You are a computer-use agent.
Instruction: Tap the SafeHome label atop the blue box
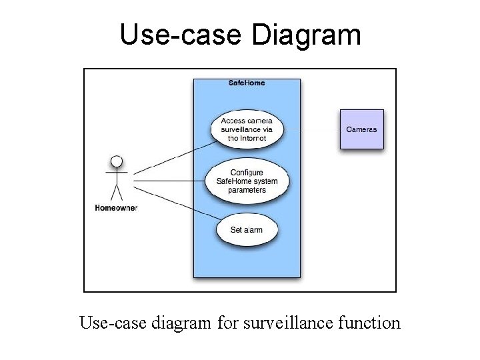(x=247, y=83)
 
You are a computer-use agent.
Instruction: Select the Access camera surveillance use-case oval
(x=247, y=129)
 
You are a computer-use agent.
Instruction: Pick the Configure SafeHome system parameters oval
(x=247, y=181)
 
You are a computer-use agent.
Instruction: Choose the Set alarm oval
(x=247, y=230)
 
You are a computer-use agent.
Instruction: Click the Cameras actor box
(x=362, y=129)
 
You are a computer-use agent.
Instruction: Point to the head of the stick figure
(x=117, y=161)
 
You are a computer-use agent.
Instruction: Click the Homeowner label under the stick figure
(x=116, y=208)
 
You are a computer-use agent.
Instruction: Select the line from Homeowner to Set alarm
(x=177, y=203)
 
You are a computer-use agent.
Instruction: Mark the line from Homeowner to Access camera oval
(x=173, y=161)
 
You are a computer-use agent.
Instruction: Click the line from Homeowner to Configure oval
(x=170, y=180)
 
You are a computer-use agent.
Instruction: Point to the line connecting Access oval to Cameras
(x=312, y=129)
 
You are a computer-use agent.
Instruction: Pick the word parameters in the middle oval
(x=247, y=190)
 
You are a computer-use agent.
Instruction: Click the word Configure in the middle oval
(x=247, y=173)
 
